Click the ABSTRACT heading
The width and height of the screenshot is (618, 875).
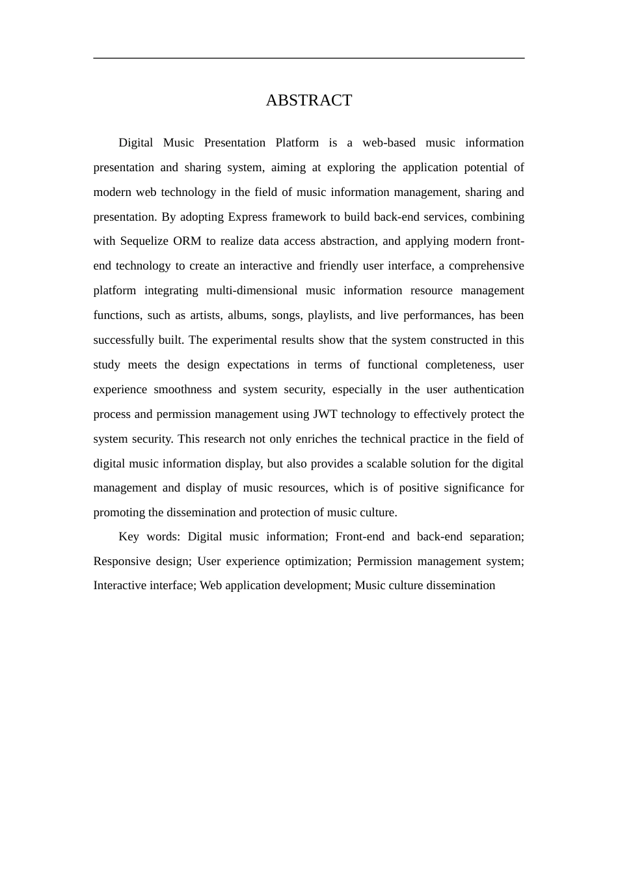308,100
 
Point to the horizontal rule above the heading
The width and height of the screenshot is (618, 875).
308,58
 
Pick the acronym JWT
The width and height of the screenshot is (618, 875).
325,414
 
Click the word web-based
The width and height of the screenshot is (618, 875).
388,143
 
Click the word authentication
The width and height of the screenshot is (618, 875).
489,389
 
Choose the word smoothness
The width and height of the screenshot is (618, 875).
182,389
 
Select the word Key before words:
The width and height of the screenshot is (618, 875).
129,536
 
